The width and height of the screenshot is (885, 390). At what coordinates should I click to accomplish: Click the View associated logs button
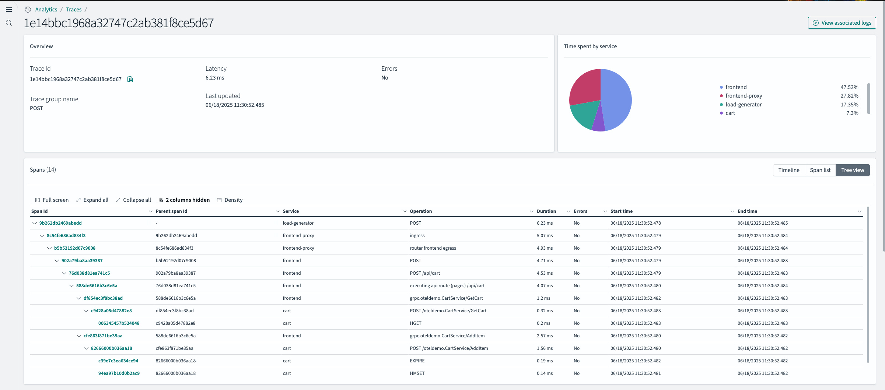(x=842, y=23)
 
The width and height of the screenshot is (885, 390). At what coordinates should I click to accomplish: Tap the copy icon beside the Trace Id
(x=130, y=79)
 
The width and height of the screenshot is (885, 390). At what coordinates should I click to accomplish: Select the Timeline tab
(x=788, y=170)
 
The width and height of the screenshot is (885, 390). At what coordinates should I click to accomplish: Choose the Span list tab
(x=820, y=170)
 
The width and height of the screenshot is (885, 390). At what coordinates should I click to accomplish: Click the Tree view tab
(x=852, y=170)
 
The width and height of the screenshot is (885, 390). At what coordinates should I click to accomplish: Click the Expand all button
(x=92, y=200)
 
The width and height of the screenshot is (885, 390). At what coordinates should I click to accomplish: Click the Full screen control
(x=52, y=200)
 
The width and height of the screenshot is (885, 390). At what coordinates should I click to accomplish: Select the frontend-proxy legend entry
(x=744, y=96)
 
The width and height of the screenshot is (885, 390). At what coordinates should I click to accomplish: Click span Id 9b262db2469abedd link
(x=60, y=223)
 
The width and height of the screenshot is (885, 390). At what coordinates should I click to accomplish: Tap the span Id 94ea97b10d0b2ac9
(x=119, y=373)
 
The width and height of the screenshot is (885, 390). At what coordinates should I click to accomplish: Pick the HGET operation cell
(x=416, y=323)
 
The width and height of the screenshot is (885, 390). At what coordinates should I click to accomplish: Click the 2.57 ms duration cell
(x=545, y=336)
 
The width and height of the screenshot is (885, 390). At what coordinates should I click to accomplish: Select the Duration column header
(x=546, y=211)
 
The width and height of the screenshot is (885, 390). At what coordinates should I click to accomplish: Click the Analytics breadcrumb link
(x=46, y=10)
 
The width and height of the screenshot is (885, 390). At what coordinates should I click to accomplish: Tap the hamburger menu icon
(x=9, y=10)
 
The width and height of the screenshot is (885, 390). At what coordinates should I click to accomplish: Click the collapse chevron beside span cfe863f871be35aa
(x=79, y=336)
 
